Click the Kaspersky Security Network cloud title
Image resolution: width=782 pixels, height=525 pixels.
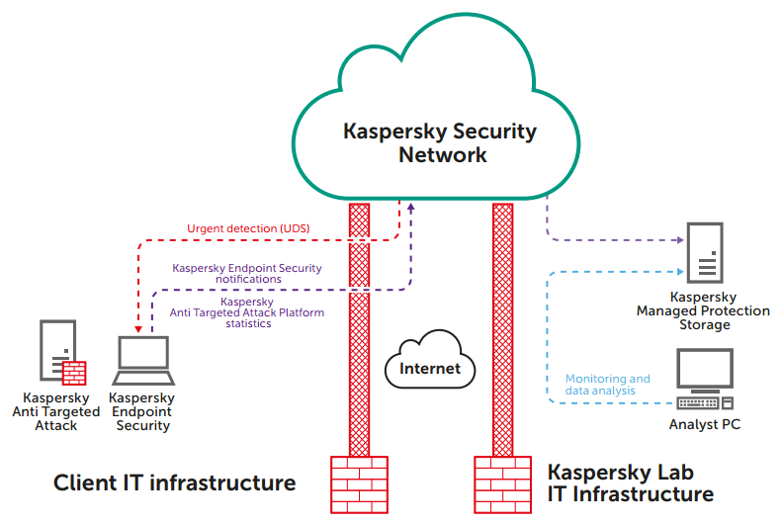pos(440,143)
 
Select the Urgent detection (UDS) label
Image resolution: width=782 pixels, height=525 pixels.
pos(248,229)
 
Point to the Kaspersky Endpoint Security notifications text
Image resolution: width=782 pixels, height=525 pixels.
pos(247,273)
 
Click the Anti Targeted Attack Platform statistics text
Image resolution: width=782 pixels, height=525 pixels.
pos(247,312)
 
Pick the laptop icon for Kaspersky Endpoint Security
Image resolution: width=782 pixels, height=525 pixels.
pos(144,362)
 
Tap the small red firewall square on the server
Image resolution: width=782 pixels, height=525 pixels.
pos(74,373)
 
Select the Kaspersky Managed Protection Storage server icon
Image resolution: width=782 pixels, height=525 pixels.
pos(705,252)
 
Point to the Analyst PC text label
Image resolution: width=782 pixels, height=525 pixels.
pos(705,425)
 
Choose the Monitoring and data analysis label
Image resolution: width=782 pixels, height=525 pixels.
pos(608,385)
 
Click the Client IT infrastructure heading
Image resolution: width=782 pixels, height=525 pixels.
pos(174,483)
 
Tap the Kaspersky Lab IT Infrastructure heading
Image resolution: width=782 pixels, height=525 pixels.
pos(631,483)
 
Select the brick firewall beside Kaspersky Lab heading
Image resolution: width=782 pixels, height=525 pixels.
pos(502,485)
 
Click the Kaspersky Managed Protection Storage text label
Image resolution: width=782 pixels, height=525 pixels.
pos(703,310)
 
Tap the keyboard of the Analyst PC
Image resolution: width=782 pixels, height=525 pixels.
pos(698,402)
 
